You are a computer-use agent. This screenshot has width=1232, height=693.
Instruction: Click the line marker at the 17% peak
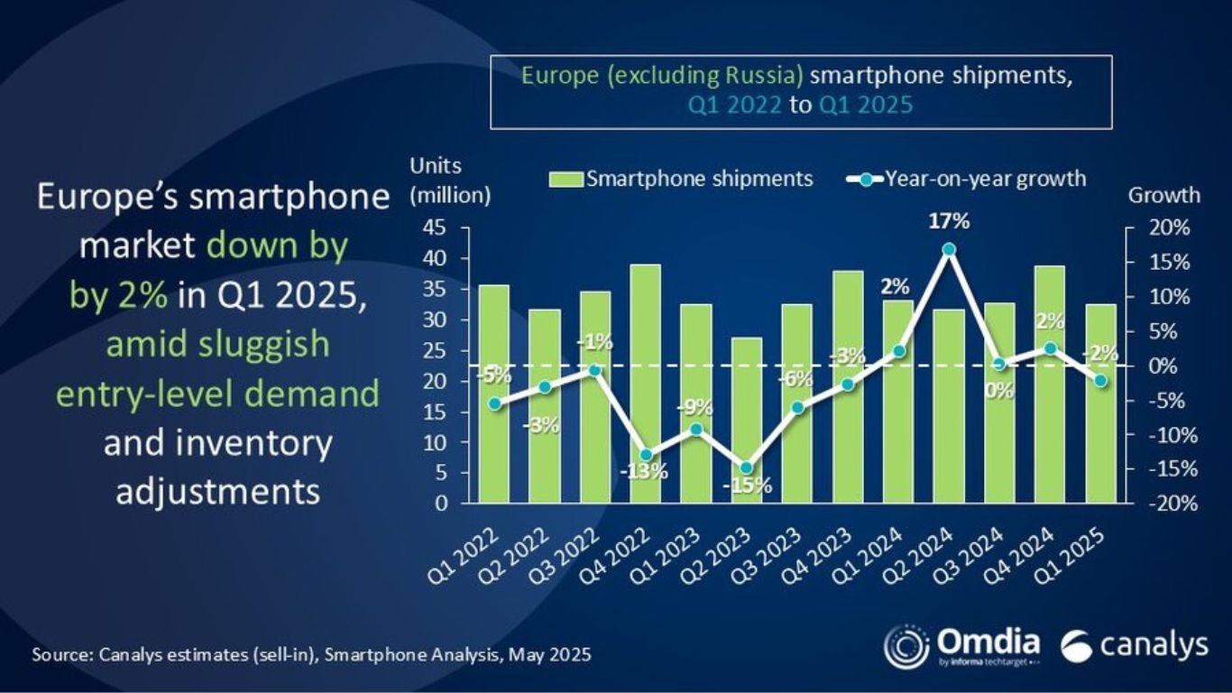click(948, 250)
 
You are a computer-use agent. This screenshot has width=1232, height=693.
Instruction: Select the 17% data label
click(947, 221)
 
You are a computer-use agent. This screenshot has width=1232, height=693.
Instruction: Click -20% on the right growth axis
click(1166, 504)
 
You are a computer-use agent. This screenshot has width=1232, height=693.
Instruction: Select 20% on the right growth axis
click(1168, 228)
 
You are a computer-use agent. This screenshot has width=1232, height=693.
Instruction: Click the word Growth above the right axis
click(1164, 195)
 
